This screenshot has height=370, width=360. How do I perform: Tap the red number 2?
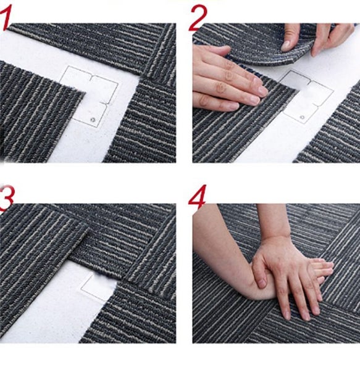[x=198, y=17]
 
